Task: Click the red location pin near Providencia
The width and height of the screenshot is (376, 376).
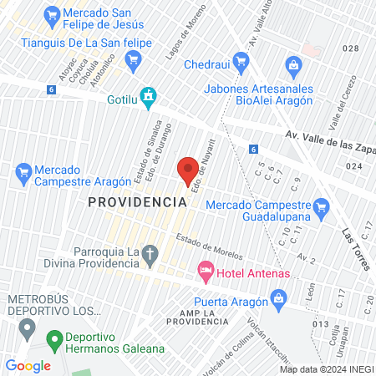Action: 188,170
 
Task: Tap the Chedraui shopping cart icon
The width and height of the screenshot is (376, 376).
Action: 241,60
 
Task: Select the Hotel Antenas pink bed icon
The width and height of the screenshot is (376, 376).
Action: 205,272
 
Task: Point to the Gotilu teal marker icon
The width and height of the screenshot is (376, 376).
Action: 148,98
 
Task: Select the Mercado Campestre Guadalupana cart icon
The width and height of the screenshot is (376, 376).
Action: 319,206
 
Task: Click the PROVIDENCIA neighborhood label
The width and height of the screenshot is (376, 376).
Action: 136,202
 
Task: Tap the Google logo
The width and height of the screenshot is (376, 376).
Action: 28,365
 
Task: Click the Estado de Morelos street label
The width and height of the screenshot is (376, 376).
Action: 210,247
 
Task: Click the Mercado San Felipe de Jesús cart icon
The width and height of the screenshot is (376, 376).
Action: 51,14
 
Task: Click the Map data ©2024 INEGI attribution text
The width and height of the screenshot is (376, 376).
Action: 326,368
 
